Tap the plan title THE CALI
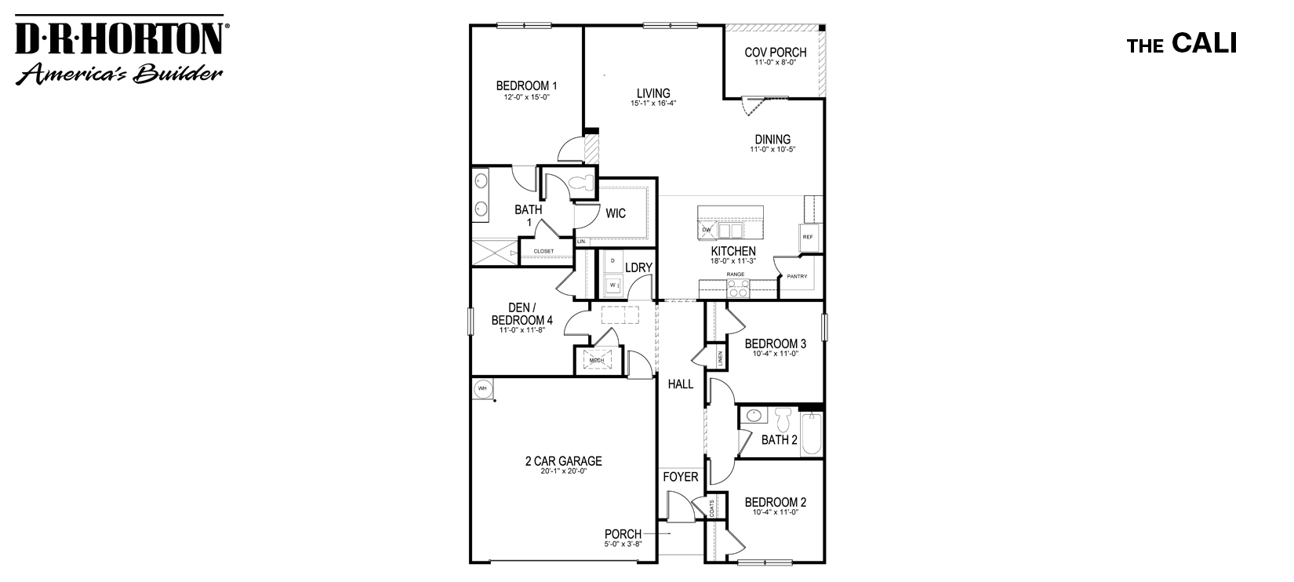(1181, 45)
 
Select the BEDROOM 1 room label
(526, 85)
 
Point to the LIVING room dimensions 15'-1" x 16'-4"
(653, 103)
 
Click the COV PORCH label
(775, 53)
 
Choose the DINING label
(772, 140)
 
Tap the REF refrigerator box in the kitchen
(807, 237)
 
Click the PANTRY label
(797, 276)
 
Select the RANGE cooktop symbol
(738, 290)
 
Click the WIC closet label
(616, 213)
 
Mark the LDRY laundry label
(638, 267)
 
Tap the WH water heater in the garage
(482, 388)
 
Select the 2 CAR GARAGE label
(563, 461)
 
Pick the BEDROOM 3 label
(775, 343)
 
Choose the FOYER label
(680, 476)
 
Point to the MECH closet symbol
(596, 361)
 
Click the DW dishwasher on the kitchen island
(706, 230)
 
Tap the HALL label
(680, 384)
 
